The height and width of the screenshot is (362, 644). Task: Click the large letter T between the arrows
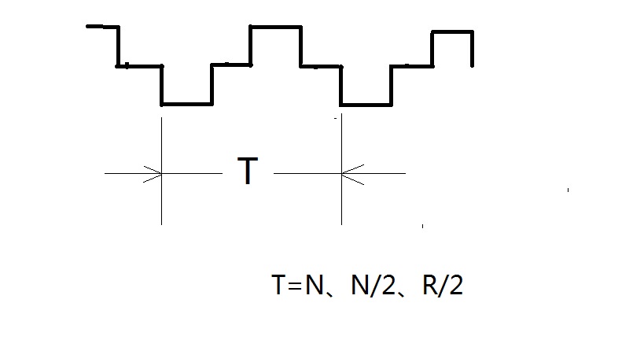(248, 172)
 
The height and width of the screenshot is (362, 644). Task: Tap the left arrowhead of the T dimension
(154, 173)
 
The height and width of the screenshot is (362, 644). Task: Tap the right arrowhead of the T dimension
(349, 173)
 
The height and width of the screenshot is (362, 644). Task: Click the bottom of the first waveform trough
(186, 103)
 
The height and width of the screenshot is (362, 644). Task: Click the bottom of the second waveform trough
(366, 104)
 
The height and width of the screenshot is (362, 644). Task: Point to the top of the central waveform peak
(275, 28)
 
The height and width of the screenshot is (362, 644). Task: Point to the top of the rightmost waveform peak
(451, 32)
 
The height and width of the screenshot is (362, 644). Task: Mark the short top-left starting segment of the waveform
(101, 28)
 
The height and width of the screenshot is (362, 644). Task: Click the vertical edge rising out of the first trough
(212, 84)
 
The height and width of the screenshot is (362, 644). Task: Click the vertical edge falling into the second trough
(341, 85)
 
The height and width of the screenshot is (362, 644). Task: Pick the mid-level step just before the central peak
(231, 65)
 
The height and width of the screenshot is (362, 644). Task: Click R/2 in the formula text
(443, 286)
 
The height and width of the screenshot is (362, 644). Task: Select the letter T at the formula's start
(280, 286)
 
